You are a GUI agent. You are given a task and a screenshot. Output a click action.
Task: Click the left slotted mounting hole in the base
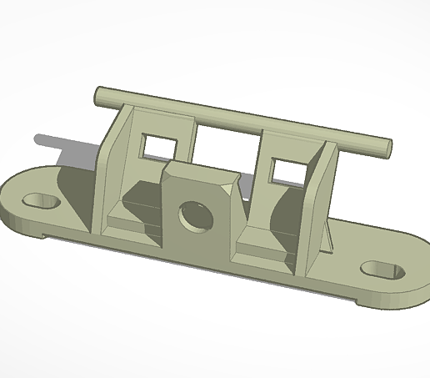coord(40,202)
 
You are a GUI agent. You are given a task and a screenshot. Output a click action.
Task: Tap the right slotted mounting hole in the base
coord(382,270)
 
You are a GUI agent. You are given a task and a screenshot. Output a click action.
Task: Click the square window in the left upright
coord(157,145)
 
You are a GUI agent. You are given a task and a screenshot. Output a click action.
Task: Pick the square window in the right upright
coord(288,169)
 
